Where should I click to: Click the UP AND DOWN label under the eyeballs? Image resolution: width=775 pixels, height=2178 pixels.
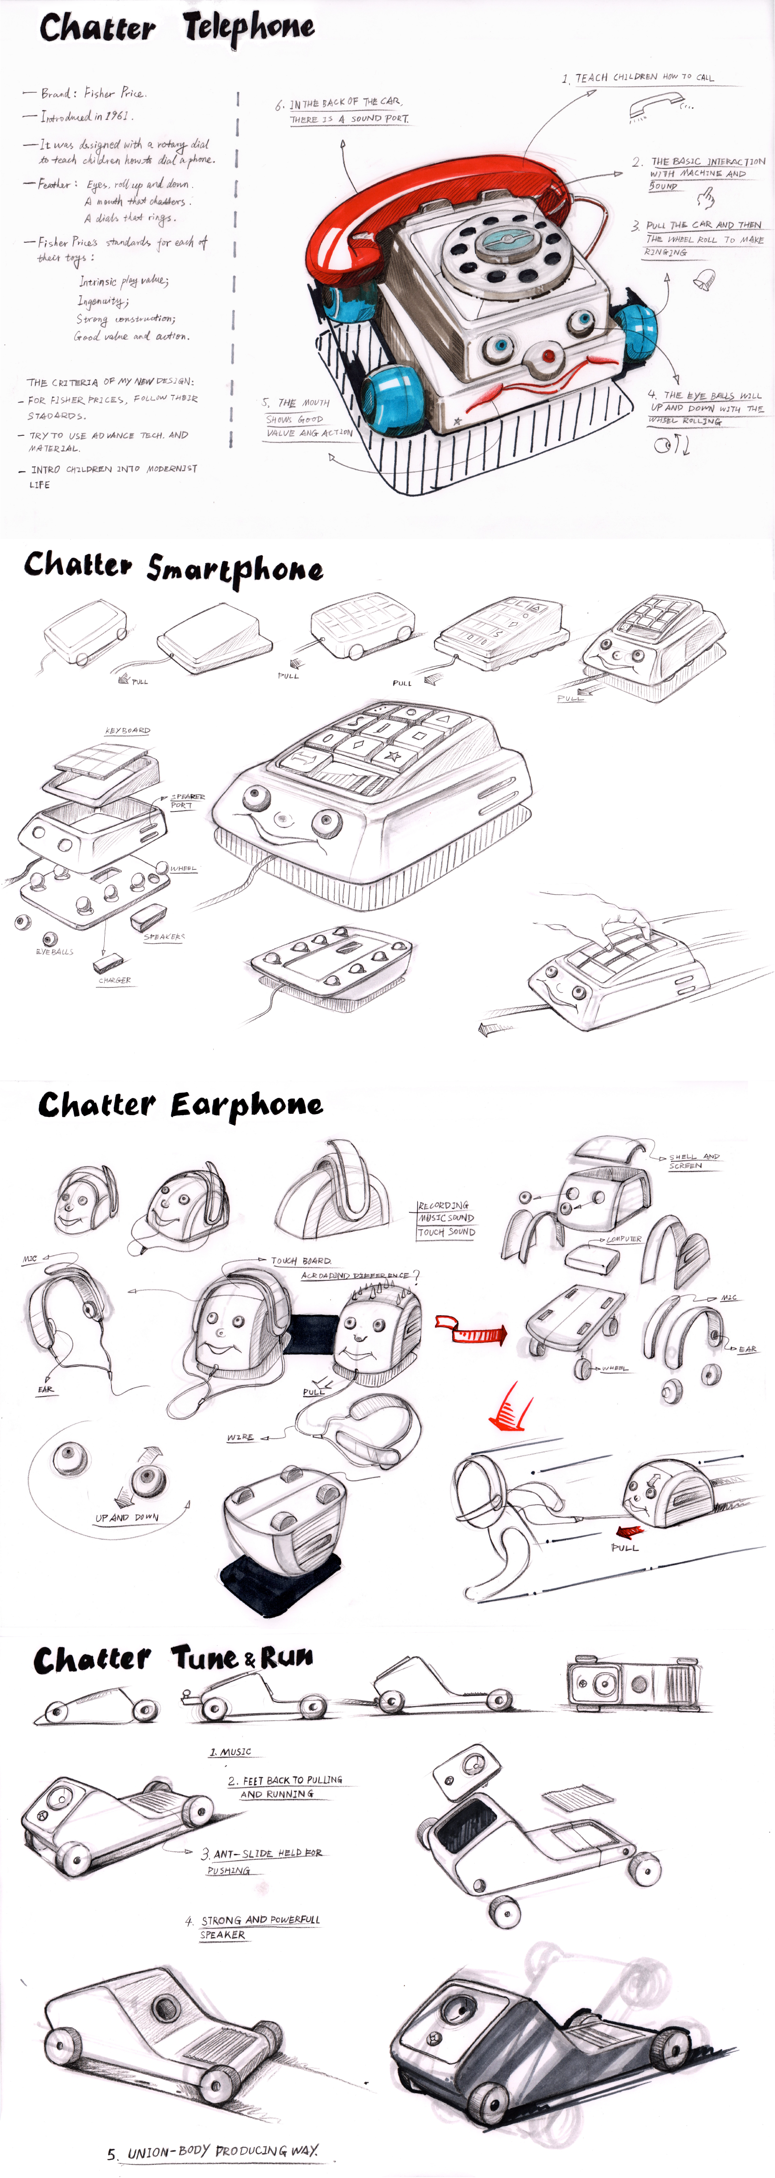click(x=127, y=1518)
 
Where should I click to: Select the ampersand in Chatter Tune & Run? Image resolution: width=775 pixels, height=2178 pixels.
click(x=250, y=1660)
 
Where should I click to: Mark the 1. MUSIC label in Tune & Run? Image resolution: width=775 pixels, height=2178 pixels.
click(x=231, y=1752)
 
